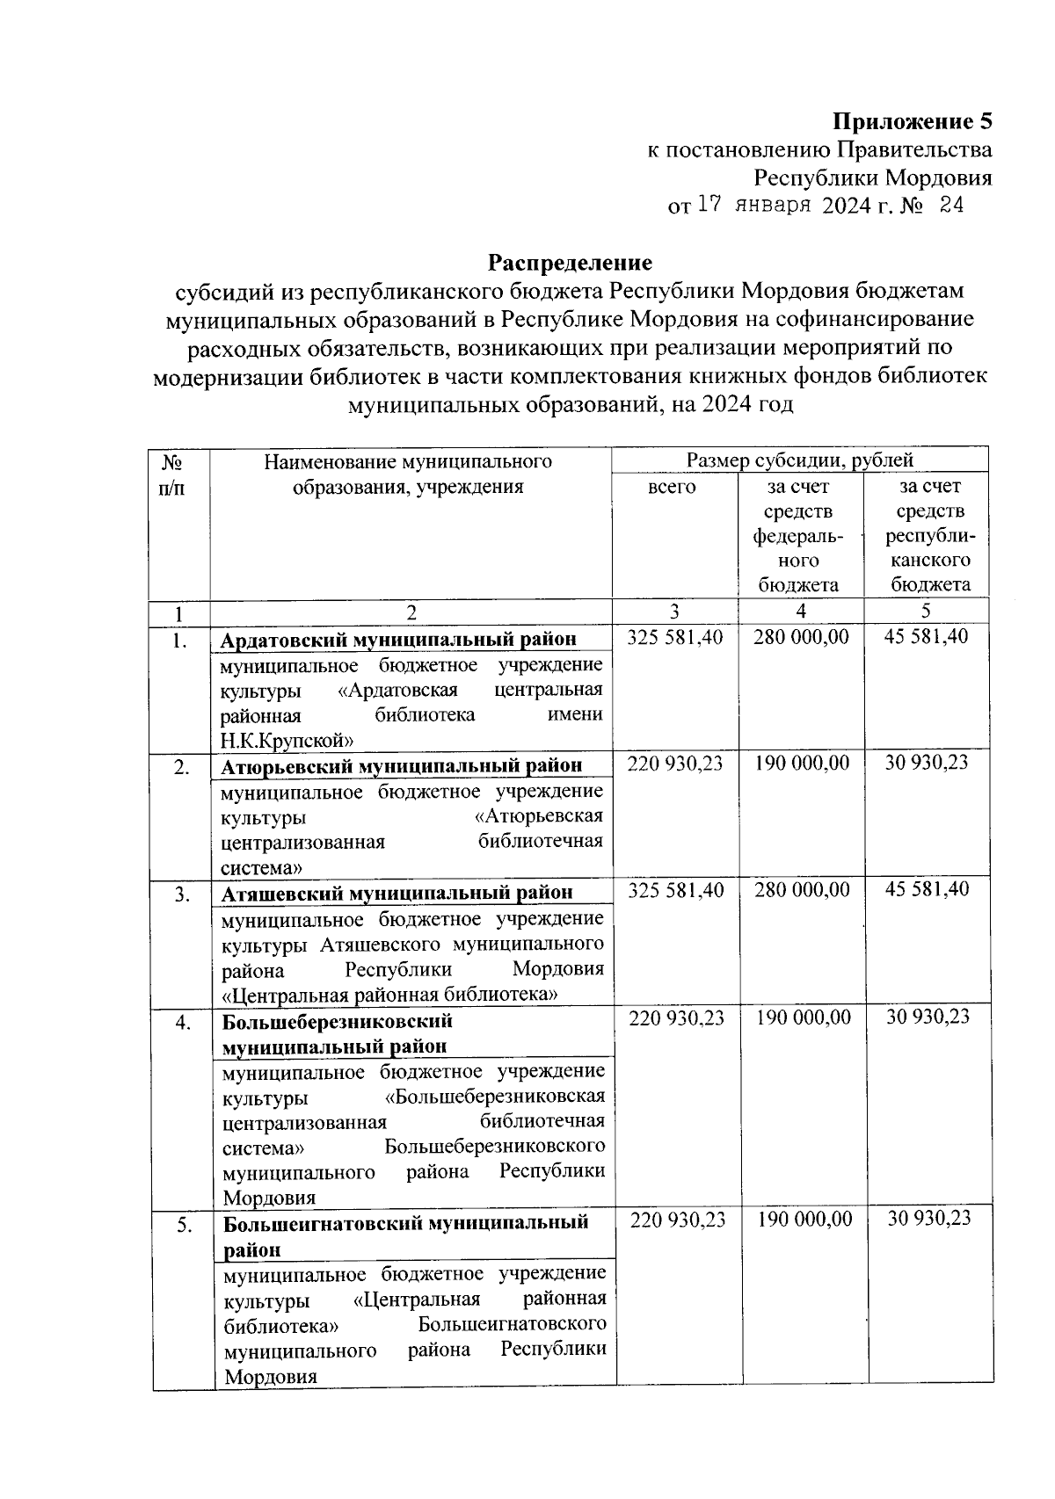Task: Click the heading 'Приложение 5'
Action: point(912,121)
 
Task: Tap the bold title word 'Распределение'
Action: point(571,262)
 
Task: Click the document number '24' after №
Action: point(951,206)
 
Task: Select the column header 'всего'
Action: point(672,487)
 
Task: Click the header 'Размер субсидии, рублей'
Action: point(799,460)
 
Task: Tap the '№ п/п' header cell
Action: point(172,474)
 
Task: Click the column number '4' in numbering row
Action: point(801,612)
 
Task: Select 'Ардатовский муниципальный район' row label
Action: point(398,639)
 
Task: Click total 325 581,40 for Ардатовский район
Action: point(674,636)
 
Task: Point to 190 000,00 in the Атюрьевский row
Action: point(802,763)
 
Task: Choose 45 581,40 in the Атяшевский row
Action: point(928,889)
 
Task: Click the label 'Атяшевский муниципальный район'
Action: point(397,893)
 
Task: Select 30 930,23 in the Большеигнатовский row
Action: point(928,1218)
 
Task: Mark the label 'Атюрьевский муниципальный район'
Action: point(401,765)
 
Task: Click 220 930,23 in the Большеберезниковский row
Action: point(676,1017)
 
